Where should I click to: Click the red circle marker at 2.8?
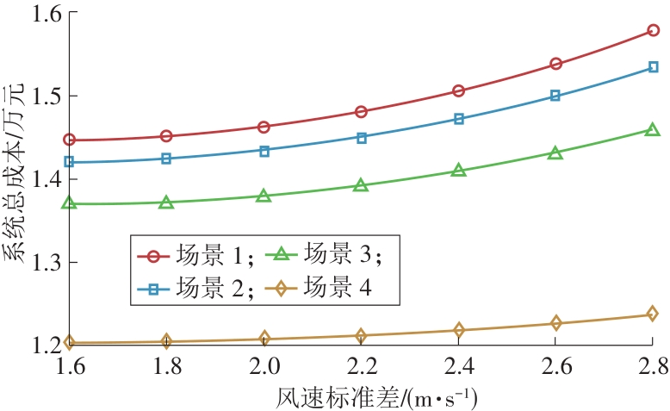pyautogui.click(x=653, y=30)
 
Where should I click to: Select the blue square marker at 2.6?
pyautogui.click(x=555, y=96)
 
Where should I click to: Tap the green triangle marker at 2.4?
pyautogui.click(x=458, y=171)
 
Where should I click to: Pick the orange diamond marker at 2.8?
pyautogui.click(x=653, y=314)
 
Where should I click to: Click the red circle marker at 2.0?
pyautogui.click(x=264, y=128)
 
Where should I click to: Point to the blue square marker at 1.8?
pyautogui.click(x=166, y=159)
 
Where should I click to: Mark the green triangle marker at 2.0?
pyautogui.click(x=264, y=196)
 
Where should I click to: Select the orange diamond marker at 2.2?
pyautogui.click(x=361, y=335)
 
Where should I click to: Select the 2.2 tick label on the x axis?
pyautogui.click(x=361, y=366)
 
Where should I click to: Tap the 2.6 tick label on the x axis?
pyautogui.click(x=555, y=366)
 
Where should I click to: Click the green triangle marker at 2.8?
pyautogui.click(x=653, y=130)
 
